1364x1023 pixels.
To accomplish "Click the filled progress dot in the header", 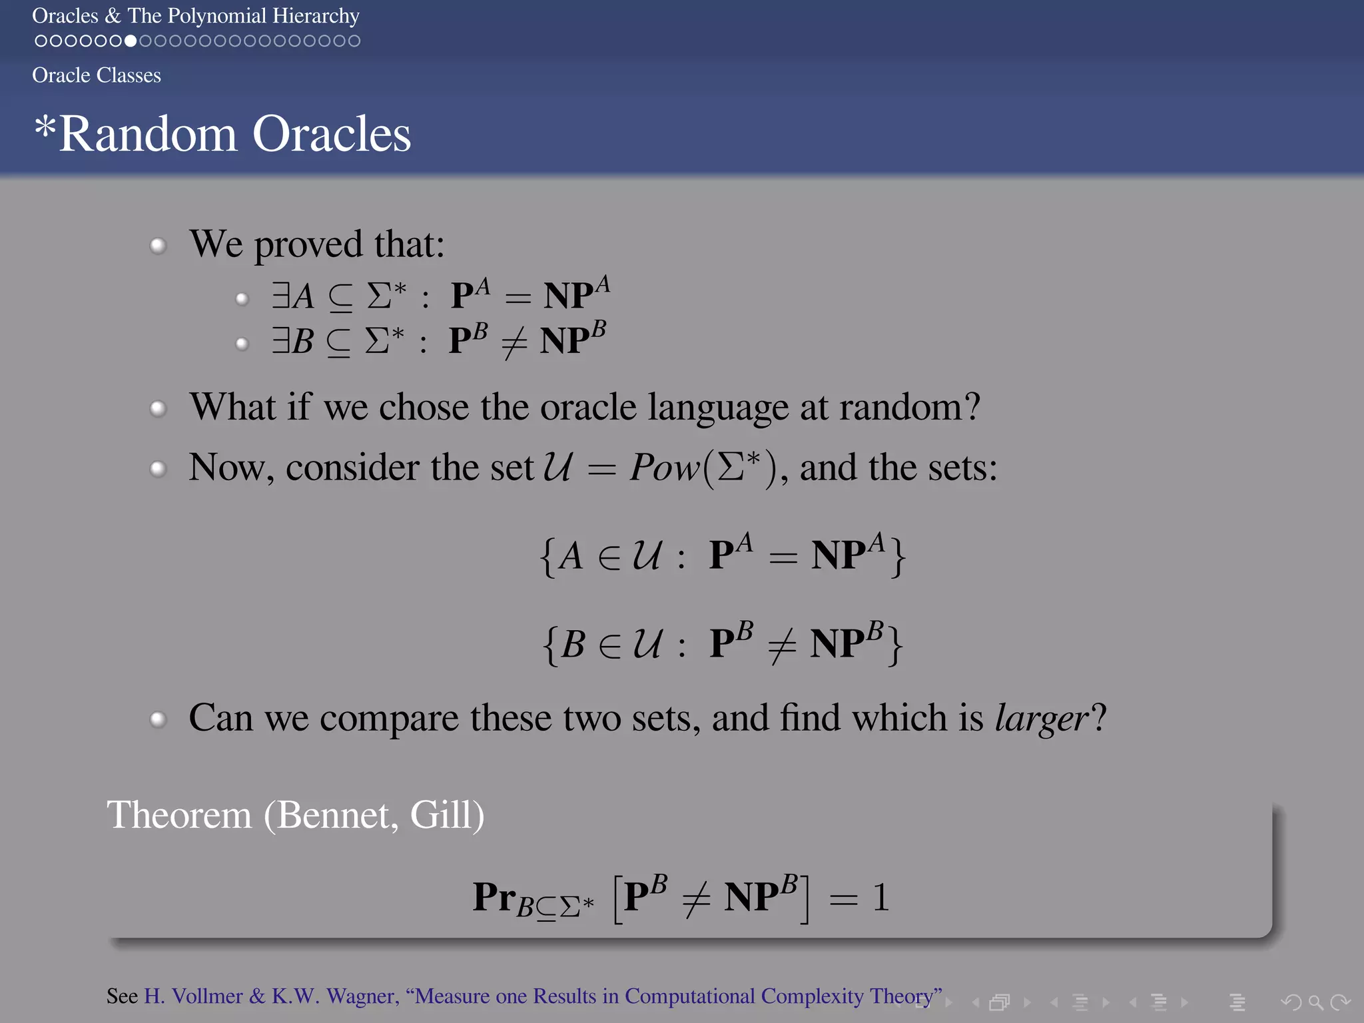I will (x=131, y=41).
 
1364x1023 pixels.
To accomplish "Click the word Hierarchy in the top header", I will (x=316, y=16).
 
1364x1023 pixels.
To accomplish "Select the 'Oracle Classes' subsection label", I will (x=97, y=75).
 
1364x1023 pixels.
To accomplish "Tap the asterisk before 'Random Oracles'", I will (x=45, y=126).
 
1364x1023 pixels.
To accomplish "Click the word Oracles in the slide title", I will (x=332, y=135).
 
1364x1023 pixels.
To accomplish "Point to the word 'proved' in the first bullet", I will (x=309, y=245).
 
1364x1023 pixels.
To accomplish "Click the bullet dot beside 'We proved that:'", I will (x=158, y=246).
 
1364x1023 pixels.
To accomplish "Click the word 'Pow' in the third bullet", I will (x=663, y=468).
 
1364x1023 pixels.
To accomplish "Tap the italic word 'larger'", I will (x=1041, y=719).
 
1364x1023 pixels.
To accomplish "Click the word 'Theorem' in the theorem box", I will (x=179, y=815).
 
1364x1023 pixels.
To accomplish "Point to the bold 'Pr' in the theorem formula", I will (x=494, y=896).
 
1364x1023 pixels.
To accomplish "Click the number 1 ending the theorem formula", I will (x=880, y=898).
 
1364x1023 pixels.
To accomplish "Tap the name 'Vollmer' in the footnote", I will (x=207, y=996).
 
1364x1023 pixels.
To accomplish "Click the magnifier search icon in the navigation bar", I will (x=1315, y=1002).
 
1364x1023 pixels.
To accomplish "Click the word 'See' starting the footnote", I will (x=122, y=996).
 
